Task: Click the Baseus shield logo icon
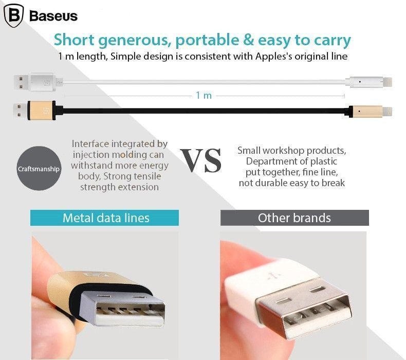tap(14, 15)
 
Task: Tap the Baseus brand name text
tap(53, 16)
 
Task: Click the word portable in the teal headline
tap(207, 40)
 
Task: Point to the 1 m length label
tap(204, 95)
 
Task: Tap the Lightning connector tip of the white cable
tap(387, 82)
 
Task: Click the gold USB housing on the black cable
tap(42, 111)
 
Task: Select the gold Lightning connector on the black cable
tap(365, 111)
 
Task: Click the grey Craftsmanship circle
tap(39, 169)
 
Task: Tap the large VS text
tap(200, 160)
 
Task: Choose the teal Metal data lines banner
tap(104, 218)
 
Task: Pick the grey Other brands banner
tap(294, 218)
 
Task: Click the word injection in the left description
tap(91, 155)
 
